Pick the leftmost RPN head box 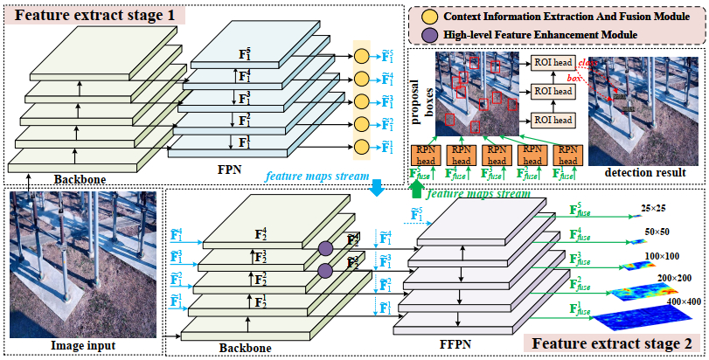point(427,155)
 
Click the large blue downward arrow point(377,188)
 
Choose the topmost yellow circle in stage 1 point(360,57)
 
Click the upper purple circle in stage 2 point(324,249)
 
